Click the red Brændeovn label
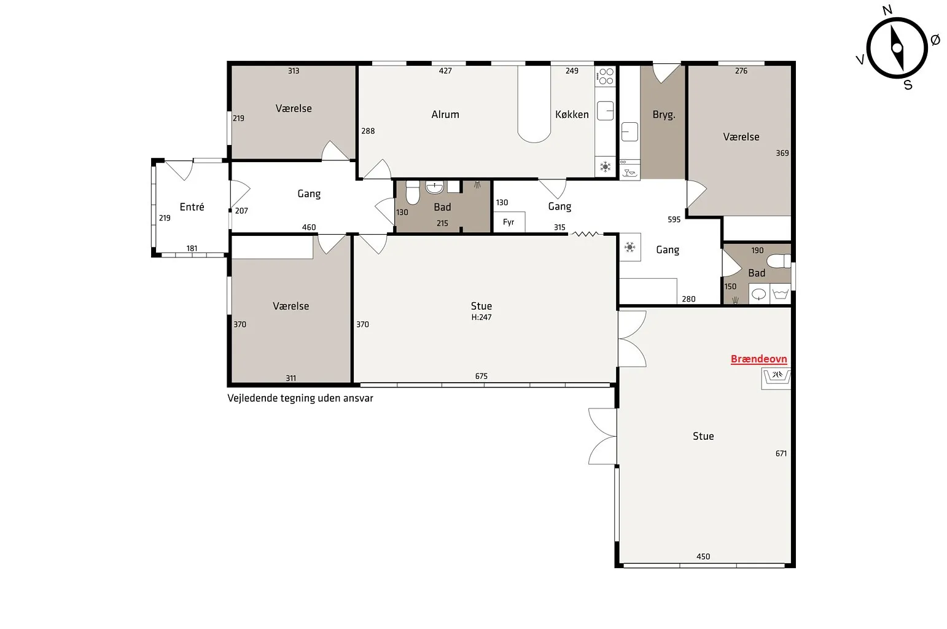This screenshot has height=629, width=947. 759,359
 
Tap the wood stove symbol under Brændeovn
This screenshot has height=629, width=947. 776,378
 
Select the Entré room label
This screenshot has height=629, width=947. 192,207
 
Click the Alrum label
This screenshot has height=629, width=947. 445,114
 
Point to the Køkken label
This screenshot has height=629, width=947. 572,114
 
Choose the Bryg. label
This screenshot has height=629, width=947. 664,114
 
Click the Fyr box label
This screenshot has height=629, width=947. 509,222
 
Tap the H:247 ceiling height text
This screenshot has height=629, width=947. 481,317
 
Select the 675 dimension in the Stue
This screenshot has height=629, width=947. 481,376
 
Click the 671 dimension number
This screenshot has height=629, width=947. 781,453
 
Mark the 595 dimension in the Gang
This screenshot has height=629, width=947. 674,219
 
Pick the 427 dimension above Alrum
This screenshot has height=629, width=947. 445,71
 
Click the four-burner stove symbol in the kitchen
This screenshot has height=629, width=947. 606,77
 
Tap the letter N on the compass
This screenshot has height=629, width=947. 887,10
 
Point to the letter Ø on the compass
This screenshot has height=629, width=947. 935,40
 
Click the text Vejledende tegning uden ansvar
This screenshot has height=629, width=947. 300,398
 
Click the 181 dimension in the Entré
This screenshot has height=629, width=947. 192,248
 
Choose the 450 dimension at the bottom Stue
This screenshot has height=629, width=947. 703,557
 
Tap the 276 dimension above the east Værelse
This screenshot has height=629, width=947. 741,71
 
